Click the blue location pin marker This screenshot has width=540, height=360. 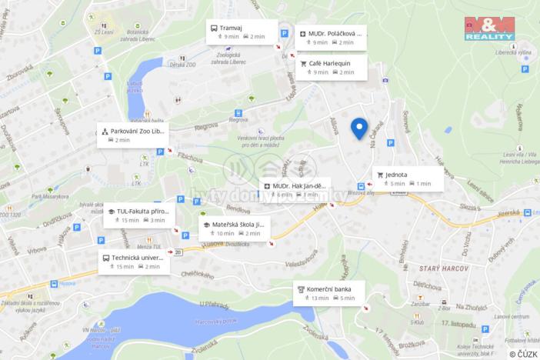(x=358, y=128)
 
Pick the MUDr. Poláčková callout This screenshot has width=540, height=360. (x=331, y=38)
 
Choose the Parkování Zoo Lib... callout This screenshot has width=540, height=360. (x=132, y=135)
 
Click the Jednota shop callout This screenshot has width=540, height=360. (x=408, y=178)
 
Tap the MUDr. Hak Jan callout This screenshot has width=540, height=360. (x=295, y=189)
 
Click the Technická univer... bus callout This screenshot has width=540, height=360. (x=132, y=262)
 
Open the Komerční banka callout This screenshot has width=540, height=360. (x=329, y=293)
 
